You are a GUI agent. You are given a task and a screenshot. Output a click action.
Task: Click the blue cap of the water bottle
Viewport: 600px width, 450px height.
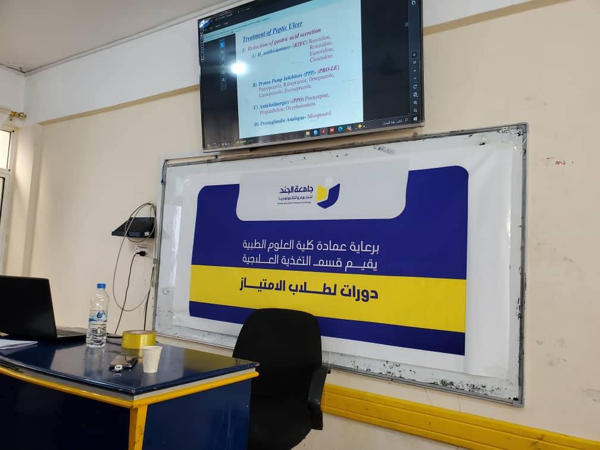pos(102,287)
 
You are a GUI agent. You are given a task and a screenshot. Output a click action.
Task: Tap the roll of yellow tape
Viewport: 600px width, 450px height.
pos(138,339)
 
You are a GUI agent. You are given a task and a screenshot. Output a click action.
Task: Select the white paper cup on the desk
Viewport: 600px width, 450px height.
pos(151,359)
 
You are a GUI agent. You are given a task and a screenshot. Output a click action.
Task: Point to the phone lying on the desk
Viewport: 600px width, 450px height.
pos(123,361)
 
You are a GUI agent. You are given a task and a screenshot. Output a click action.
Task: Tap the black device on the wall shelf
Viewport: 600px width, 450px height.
pos(135,226)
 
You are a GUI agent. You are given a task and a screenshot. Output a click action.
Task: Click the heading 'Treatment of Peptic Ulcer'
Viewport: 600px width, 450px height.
pos(272,27)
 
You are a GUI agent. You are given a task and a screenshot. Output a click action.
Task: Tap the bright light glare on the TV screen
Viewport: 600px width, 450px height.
pos(239,68)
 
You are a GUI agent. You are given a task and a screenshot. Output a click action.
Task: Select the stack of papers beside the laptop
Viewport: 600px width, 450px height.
pos(15,343)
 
